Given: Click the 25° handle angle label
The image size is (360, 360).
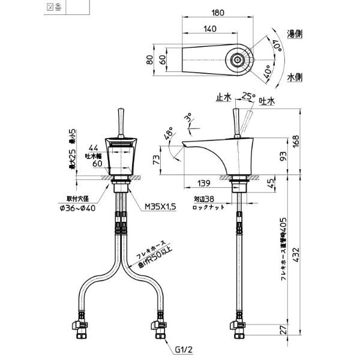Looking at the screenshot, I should [248, 95].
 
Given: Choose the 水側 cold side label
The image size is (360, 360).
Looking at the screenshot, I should [294, 77].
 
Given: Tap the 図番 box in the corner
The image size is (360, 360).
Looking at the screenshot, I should [54, 7].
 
